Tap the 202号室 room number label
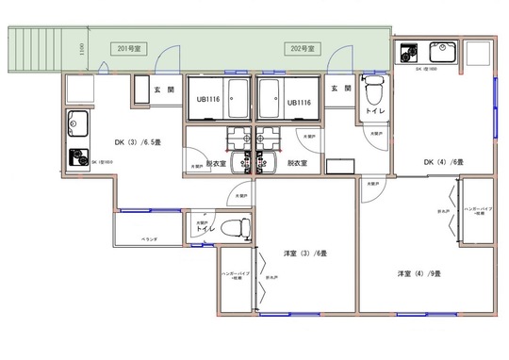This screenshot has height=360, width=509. point(304,47)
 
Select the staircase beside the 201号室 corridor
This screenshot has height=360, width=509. point(36,48)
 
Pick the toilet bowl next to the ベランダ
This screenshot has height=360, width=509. point(242,227)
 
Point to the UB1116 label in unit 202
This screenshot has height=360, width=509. point(299,102)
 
